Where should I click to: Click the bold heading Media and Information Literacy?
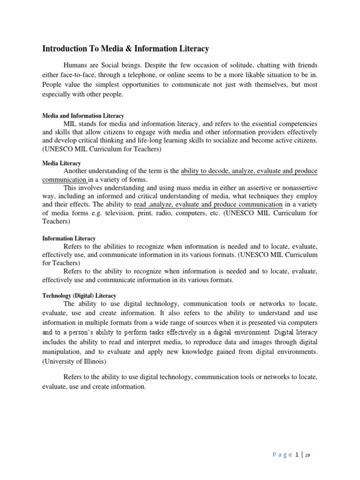(x=83, y=116)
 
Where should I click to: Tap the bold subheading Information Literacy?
(x=69, y=238)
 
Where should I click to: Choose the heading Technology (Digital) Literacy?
(x=79, y=296)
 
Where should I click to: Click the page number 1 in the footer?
(x=297, y=454)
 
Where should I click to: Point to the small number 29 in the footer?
(x=307, y=455)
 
